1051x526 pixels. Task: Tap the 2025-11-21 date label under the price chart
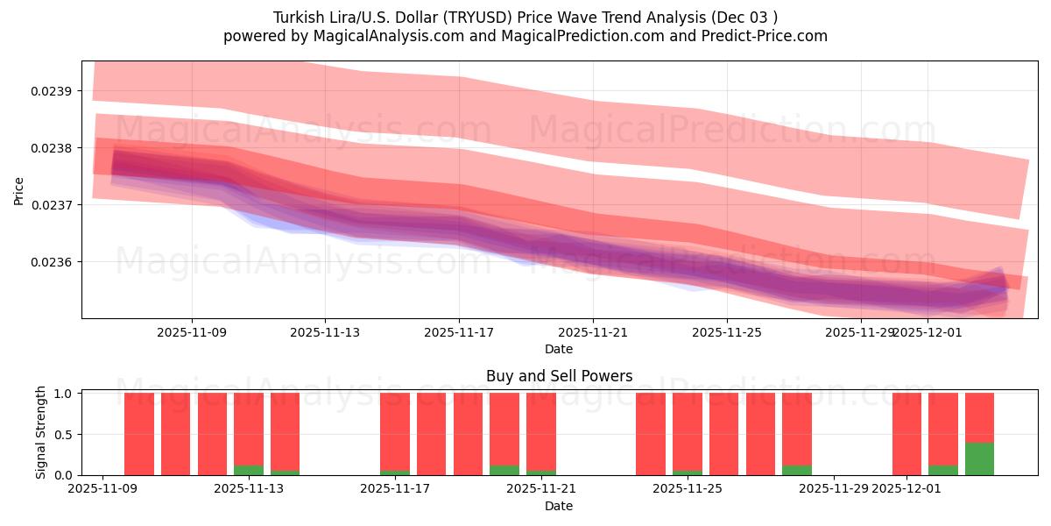593,333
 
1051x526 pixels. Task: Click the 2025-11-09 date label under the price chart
192,333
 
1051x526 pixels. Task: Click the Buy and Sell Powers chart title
559,376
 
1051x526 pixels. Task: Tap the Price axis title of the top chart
19,189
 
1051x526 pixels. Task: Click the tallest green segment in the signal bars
979,458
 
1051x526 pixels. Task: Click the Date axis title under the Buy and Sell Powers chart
559,506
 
